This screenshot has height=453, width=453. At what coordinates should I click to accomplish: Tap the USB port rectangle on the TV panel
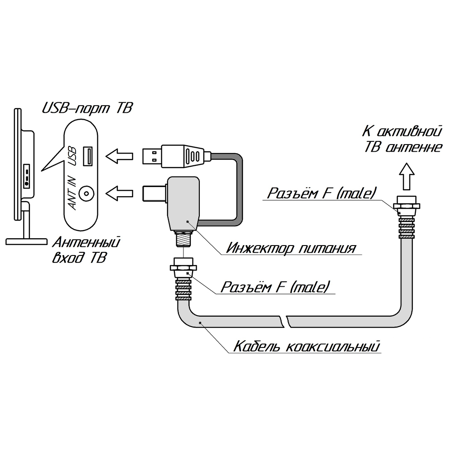coord(88,156)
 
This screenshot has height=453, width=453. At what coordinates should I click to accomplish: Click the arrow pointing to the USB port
coord(120,156)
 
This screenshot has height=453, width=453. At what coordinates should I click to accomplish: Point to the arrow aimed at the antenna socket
coord(120,194)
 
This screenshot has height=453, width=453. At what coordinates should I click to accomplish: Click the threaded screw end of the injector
coord(183,238)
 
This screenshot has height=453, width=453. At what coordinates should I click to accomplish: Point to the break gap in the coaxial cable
coord(286,321)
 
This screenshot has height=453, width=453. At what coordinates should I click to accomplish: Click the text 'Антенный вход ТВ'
coord(86,251)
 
